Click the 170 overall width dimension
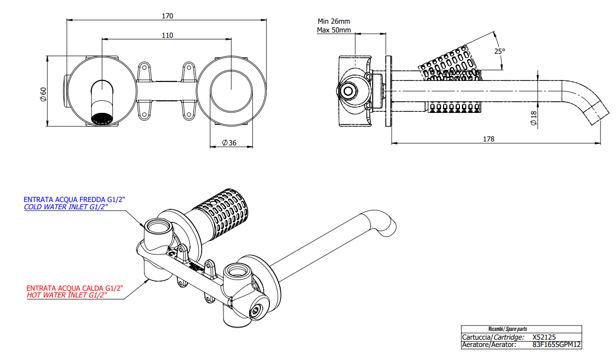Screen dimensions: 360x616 pos(167,16)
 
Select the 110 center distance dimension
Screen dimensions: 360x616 pos(167,35)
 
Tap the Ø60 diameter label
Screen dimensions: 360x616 pos(43,94)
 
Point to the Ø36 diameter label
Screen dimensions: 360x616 pos(229,142)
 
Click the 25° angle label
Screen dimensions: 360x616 pos(500,51)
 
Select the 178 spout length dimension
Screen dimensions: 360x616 pos(489,139)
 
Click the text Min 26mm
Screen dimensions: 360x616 pos(333,21)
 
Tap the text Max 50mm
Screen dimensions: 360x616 pos(333,30)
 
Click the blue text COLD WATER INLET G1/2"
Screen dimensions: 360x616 pos(66,207)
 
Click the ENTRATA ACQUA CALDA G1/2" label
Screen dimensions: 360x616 pos(75,287)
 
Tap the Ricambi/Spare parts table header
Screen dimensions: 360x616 pos(507,329)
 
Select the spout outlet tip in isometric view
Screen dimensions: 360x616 pos(392,226)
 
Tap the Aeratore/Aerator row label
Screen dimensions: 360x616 pos(489,345)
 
